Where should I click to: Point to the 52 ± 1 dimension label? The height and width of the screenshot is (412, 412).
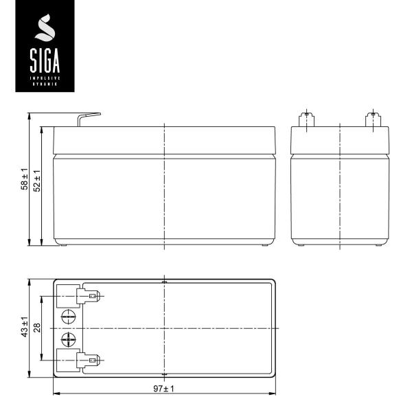(37, 180)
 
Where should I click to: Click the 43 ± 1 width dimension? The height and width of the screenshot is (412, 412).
(24, 328)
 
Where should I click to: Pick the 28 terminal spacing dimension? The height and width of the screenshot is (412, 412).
(37, 328)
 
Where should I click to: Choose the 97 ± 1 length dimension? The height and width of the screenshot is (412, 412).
(164, 389)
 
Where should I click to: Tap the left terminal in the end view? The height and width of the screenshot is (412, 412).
(307, 119)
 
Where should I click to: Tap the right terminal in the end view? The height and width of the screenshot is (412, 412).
(371, 119)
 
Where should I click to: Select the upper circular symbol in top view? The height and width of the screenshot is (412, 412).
(68, 317)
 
